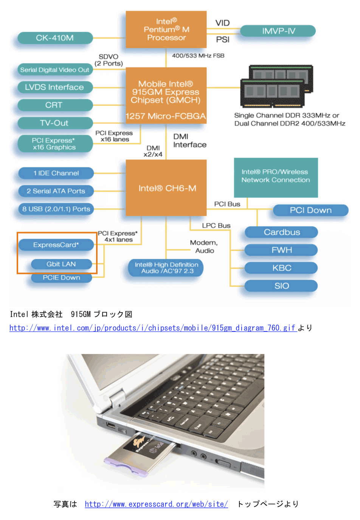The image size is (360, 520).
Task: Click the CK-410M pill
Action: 55,38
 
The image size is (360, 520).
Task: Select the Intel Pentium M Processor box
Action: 166,29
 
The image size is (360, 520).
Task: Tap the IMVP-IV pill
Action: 278,31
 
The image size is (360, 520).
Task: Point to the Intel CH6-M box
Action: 166,188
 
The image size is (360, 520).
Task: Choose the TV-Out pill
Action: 55,123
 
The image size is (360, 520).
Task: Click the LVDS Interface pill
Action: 55,87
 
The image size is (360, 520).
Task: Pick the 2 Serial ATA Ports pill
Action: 56,191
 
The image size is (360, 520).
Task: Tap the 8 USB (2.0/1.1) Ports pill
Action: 56,209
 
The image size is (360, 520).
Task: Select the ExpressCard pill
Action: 56,245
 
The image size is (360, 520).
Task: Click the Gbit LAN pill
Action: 61,264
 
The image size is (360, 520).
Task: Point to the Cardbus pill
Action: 281,232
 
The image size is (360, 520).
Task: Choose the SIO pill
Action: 281,286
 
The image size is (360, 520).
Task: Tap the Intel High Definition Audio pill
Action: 166,268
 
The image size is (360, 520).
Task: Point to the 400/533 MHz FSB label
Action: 198,56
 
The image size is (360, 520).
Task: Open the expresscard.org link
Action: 156,504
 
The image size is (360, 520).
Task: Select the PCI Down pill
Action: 310,210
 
